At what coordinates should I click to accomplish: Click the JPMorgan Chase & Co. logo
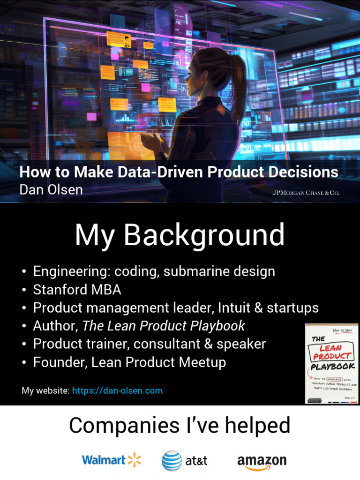(x=306, y=193)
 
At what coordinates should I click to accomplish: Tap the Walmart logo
(x=111, y=460)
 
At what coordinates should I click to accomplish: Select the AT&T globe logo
(x=172, y=461)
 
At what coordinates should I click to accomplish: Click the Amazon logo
(x=262, y=461)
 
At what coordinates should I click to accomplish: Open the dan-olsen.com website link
(x=117, y=390)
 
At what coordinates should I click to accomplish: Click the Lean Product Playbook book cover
(x=331, y=363)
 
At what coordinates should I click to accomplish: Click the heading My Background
(x=180, y=235)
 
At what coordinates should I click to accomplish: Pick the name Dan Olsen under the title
(x=51, y=189)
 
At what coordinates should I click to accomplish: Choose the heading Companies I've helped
(x=180, y=426)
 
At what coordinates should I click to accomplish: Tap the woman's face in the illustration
(x=196, y=75)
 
